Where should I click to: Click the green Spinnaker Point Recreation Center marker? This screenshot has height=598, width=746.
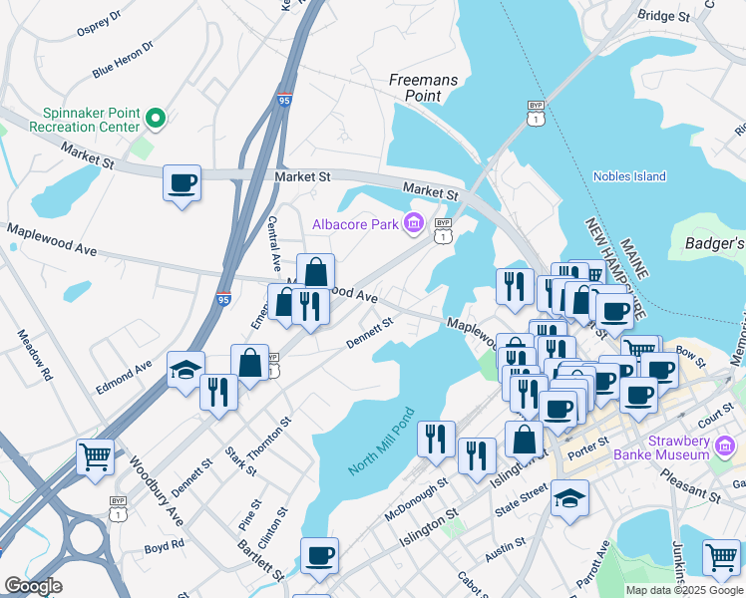156,120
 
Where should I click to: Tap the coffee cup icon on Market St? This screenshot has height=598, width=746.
183,184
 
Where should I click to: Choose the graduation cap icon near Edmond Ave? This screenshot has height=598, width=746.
186,371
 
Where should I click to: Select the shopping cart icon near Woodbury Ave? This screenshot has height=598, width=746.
96,458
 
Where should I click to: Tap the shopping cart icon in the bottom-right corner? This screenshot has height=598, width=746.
721,557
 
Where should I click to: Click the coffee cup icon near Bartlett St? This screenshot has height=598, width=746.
319,556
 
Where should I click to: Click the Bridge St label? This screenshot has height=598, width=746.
663,16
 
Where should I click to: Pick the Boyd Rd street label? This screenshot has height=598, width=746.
164,546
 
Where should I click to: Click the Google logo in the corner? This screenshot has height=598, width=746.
33,586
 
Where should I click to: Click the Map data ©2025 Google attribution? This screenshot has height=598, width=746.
684,590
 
